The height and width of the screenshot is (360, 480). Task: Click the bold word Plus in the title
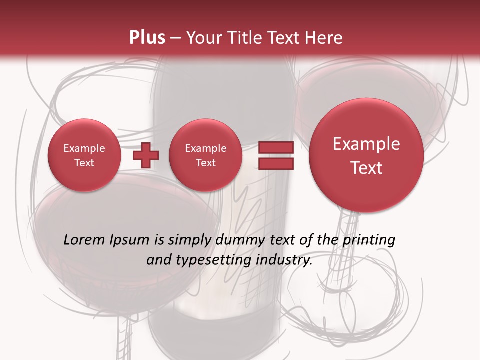(x=147, y=38)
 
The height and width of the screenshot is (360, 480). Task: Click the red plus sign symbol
(x=146, y=155)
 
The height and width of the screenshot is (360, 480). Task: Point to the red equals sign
(x=275, y=155)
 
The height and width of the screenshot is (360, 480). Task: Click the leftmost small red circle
(x=84, y=155)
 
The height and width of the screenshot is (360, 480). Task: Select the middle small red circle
(x=205, y=155)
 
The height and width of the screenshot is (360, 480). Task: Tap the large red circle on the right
(x=366, y=155)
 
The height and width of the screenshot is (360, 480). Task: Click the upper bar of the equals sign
(x=275, y=147)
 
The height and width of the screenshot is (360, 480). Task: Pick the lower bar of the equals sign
(x=275, y=164)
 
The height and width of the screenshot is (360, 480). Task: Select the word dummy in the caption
(x=237, y=240)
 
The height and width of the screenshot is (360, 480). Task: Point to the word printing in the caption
(x=369, y=240)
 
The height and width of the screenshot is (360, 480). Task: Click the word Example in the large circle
(x=366, y=144)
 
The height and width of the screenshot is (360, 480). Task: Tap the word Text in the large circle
(x=366, y=168)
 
